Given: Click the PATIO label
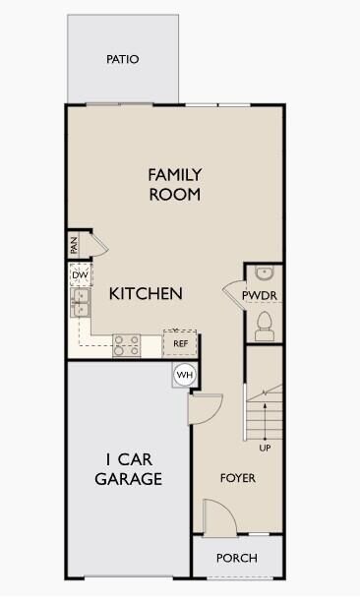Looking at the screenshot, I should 123,60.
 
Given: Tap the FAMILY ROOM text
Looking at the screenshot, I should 175,184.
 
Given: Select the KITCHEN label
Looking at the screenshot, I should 146,293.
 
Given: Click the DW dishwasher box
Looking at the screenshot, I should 80,275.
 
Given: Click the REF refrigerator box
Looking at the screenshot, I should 180,343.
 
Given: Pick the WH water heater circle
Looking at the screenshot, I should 184,375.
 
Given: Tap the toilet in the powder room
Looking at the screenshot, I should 264,322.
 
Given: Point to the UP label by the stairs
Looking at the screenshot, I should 265,449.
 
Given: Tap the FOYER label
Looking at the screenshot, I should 238,479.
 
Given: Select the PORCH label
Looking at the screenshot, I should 237,558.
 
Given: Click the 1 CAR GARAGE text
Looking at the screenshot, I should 128,469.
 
